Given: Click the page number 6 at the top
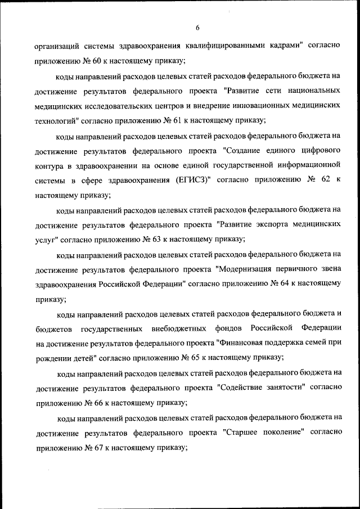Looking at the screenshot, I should [198, 28].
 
